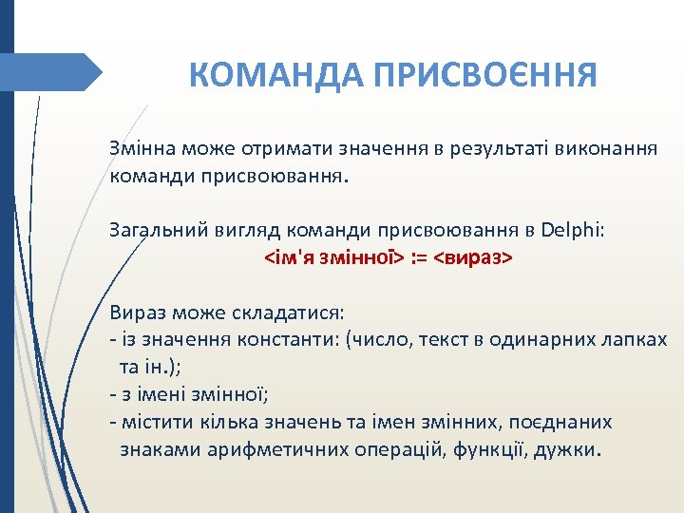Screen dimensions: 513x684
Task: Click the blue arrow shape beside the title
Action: tap(57, 72)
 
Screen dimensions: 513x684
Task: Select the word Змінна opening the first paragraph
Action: tap(140, 150)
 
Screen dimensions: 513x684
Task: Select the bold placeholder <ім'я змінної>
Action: tap(333, 256)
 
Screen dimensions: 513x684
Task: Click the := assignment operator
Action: tap(419, 256)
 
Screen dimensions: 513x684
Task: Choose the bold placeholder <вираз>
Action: tap(472, 256)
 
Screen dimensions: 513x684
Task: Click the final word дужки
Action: tap(565, 448)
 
